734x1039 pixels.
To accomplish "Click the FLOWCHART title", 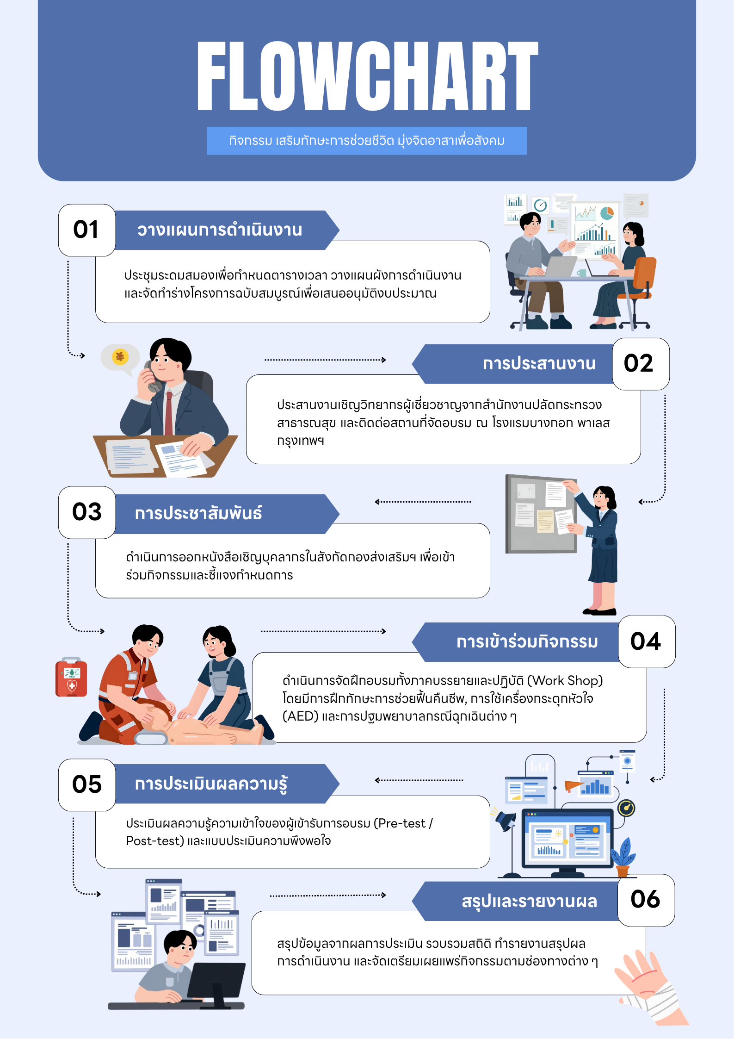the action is point(368,76).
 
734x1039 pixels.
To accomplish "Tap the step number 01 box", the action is point(87,230).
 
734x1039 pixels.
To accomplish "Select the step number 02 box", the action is point(641,364).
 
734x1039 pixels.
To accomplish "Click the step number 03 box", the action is point(87,512).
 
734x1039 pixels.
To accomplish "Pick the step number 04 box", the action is point(647,641).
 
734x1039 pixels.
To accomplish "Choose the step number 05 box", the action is point(87,785).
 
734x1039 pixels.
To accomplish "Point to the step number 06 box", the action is point(646,900).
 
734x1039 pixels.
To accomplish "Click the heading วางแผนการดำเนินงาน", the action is point(220,230).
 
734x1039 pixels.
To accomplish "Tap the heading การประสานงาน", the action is point(539,364).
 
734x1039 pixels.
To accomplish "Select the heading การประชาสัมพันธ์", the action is point(198,513).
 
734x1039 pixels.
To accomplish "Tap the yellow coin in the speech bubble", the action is point(120,356).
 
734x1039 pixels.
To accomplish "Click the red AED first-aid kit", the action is point(71,677).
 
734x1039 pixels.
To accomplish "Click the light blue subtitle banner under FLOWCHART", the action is point(367,141).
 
